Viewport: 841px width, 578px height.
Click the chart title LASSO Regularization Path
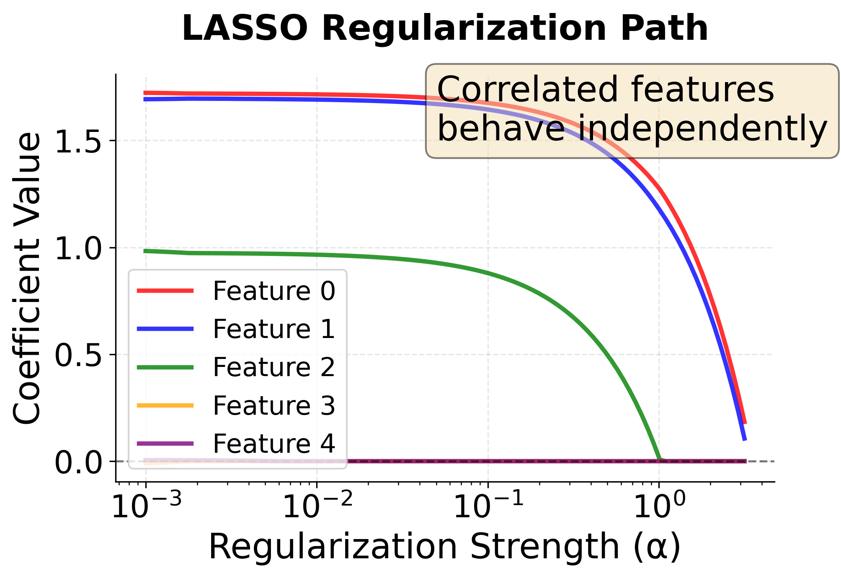(445, 28)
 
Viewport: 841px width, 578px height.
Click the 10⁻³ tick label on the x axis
(147, 506)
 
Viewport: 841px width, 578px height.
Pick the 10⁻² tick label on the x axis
(317, 506)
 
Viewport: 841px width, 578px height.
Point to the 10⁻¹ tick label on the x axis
(488, 506)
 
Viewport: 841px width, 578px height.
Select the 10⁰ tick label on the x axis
(659, 506)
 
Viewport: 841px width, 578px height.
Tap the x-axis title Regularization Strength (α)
(445, 547)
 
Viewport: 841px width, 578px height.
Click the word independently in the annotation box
(703, 129)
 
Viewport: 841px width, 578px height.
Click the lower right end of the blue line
(745, 439)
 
